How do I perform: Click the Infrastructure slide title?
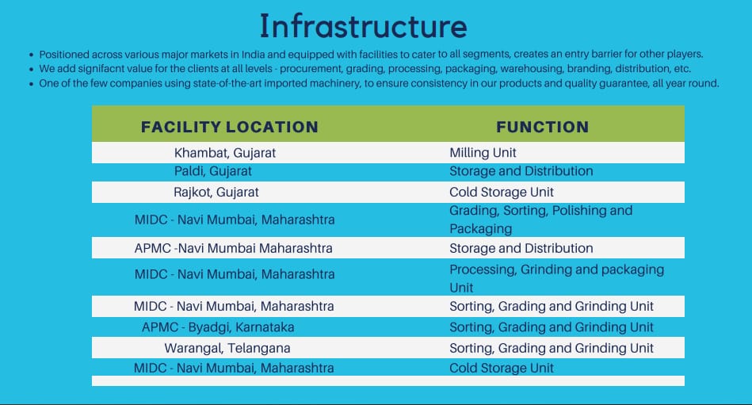[x=363, y=26]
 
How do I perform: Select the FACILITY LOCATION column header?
[x=230, y=127]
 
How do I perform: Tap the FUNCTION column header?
[x=543, y=127]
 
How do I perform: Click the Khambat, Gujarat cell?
[x=225, y=153]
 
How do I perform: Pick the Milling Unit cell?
[x=483, y=153]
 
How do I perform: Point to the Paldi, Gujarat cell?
[x=213, y=171]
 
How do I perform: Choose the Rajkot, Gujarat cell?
[x=216, y=193]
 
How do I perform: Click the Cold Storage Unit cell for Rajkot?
[x=502, y=193]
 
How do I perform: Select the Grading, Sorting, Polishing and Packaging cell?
[x=541, y=220]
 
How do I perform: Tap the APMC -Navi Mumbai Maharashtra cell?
[x=234, y=249]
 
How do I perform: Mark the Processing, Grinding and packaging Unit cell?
[x=557, y=278]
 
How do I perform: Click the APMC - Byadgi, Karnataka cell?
[x=218, y=327]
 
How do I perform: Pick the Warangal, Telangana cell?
[x=227, y=349]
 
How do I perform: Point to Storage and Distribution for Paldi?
[x=521, y=171]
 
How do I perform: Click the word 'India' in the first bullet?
[x=253, y=54]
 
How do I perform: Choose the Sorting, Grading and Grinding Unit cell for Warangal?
[x=552, y=349]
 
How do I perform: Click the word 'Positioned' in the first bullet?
[x=64, y=54]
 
